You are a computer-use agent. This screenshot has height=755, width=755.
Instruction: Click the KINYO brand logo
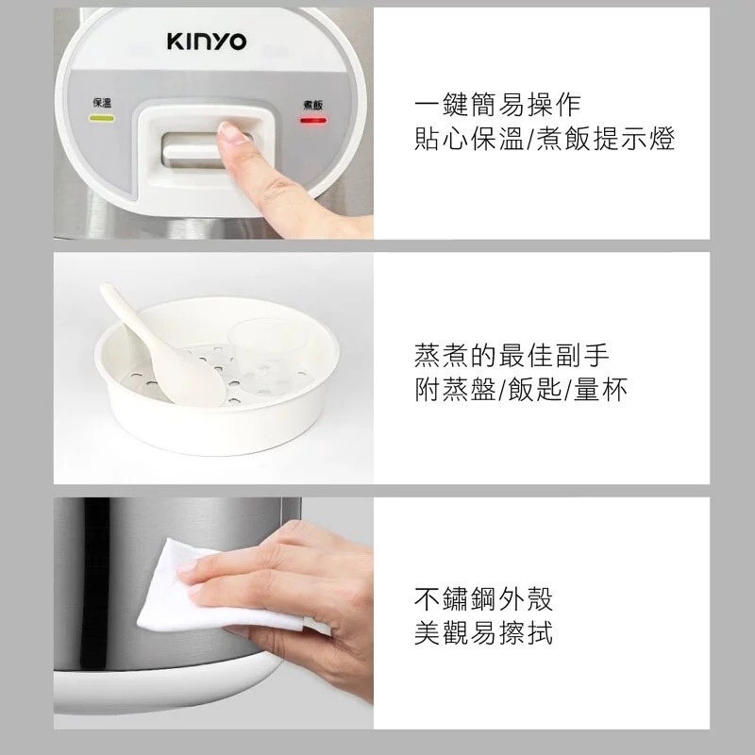(x=208, y=42)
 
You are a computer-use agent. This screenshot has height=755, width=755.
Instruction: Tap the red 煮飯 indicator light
(x=312, y=121)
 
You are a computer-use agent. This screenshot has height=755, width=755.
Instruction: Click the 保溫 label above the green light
(x=101, y=102)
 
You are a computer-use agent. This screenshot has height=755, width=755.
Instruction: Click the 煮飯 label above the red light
(x=312, y=104)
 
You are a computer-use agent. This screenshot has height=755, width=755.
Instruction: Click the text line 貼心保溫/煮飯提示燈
(x=545, y=139)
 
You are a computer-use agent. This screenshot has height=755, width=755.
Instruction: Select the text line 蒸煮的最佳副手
(x=512, y=355)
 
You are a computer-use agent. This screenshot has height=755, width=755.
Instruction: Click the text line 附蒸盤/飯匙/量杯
(x=522, y=390)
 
